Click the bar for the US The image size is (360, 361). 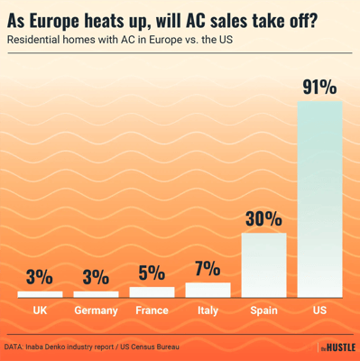click(x=319, y=199)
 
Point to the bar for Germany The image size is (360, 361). click(x=96, y=294)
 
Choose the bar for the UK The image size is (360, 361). click(x=40, y=294)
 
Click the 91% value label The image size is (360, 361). click(x=319, y=88)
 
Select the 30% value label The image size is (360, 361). click(x=263, y=219)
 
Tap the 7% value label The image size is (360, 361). click(x=208, y=269)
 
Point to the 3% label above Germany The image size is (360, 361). click(x=96, y=277)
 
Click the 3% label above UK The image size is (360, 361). click(x=40, y=277)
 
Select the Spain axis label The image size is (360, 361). click(x=263, y=310)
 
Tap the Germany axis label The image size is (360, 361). click(x=96, y=310)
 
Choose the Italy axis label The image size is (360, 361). click(x=208, y=310)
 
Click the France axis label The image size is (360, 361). click(x=152, y=310)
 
